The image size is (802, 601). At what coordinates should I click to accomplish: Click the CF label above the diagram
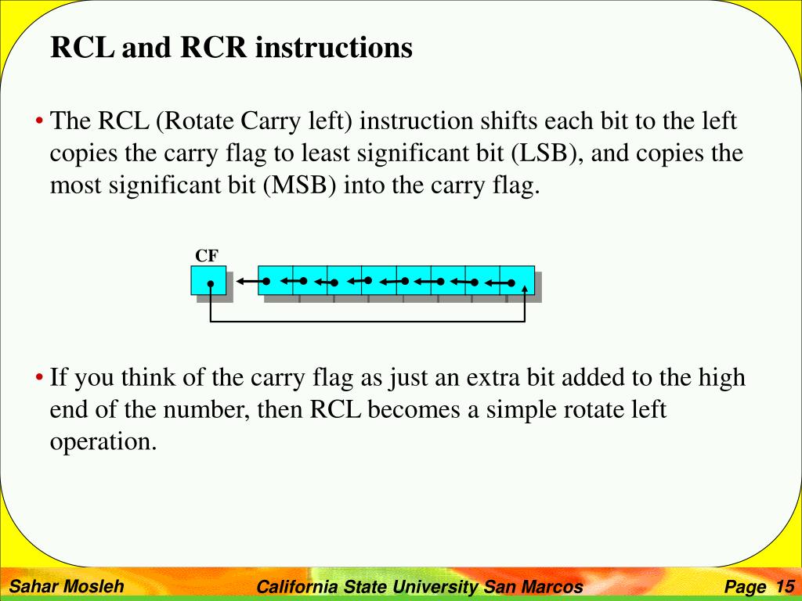tap(207, 256)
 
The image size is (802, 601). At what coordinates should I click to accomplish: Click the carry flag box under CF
tap(208, 280)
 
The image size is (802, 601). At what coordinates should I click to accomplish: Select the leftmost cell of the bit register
tap(275, 280)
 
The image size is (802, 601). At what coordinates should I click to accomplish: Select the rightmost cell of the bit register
tap(517, 280)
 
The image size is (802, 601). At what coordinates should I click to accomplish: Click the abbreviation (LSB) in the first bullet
tap(546, 153)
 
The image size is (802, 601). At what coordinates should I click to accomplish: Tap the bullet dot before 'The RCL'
tap(39, 122)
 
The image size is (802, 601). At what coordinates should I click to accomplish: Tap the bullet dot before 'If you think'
tap(39, 379)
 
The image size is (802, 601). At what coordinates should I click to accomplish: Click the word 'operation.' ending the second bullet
tap(103, 441)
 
